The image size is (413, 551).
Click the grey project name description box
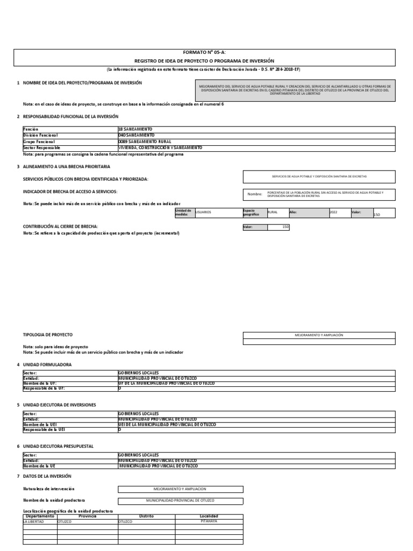coord(295,90)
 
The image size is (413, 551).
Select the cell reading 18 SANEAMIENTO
coord(135,129)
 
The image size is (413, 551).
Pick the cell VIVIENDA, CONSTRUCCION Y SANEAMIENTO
coord(160,147)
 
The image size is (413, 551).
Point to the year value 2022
coord(333,213)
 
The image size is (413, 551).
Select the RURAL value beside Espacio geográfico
coord(273,213)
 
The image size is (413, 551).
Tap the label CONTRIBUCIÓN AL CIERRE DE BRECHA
coord(60,227)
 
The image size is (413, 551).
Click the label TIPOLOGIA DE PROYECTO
coord(48,335)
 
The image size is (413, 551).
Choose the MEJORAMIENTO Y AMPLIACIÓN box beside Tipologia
coord(319,335)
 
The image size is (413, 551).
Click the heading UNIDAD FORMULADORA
coord(47,364)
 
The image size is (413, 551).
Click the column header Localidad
coord(209,516)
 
